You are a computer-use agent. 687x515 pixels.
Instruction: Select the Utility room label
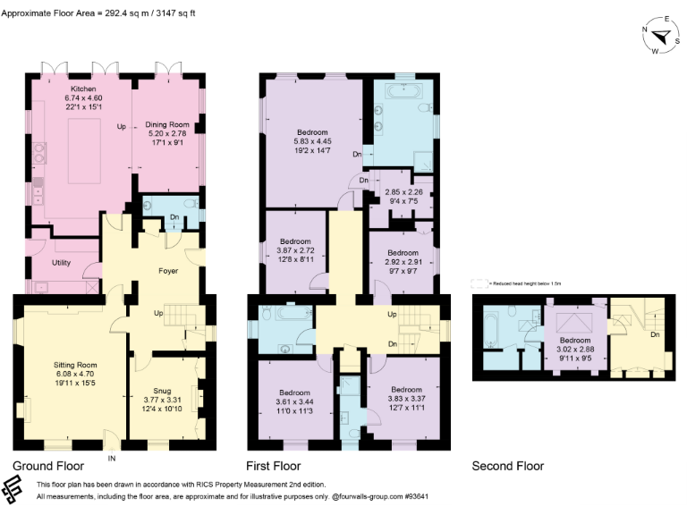point(61,263)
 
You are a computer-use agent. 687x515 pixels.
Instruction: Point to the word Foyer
point(168,270)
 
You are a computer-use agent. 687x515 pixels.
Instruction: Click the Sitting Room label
point(74,366)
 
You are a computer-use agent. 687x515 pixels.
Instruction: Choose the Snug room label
point(162,366)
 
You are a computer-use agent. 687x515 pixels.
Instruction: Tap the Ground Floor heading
point(48,466)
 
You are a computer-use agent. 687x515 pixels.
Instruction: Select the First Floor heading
point(274,466)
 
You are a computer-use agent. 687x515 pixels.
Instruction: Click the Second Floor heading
point(508,466)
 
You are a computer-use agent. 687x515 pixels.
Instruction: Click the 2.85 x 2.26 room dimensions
point(403,191)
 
